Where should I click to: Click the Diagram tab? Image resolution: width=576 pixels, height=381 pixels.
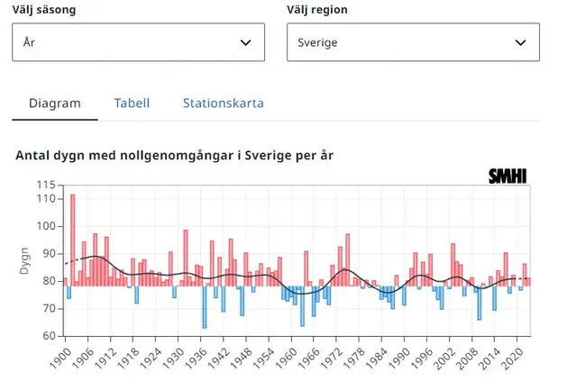pyautogui.click(x=55, y=103)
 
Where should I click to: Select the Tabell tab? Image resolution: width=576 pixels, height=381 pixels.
pyautogui.click(x=132, y=103)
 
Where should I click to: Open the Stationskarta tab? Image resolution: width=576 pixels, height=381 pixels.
pyautogui.click(x=224, y=103)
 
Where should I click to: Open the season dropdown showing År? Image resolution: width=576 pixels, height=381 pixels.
pyautogui.click(x=138, y=42)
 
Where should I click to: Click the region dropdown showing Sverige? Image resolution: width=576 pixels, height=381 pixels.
pyautogui.click(x=413, y=42)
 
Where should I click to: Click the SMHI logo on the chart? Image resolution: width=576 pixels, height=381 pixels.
pyautogui.click(x=507, y=177)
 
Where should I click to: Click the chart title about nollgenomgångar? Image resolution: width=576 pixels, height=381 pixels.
pyautogui.click(x=175, y=155)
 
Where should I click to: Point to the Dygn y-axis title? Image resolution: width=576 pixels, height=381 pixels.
pyautogui.click(x=25, y=259)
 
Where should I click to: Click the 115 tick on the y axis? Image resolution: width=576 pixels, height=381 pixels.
pyautogui.click(x=46, y=185)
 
